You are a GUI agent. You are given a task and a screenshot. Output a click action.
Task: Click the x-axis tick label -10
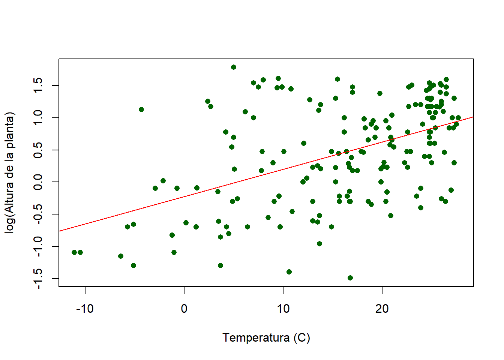[x=85, y=309]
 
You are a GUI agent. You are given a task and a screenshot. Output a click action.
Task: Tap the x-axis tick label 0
[x=184, y=309]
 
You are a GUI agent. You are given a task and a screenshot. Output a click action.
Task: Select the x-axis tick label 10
[x=283, y=309]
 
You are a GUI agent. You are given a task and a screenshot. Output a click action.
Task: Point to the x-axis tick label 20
[x=382, y=309]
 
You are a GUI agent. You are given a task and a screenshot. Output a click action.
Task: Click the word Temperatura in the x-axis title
[x=256, y=337]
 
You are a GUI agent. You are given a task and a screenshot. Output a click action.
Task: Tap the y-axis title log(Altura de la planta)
[x=10, y=172]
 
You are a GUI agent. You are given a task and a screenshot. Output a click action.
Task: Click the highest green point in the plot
[x=234, y=67]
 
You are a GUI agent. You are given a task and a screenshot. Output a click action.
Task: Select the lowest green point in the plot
[x=350, y=278]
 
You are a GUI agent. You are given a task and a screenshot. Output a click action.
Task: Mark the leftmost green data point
[x=74, y=252]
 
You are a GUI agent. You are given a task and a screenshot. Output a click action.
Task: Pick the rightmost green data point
[x=458, y=118]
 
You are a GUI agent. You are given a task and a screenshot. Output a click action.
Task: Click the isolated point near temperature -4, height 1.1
[x=141, y=109]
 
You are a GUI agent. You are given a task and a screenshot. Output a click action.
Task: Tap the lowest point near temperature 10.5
[x=289, y=272]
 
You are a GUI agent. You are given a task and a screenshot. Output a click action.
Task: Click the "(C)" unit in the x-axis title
[x=302, y=337]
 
